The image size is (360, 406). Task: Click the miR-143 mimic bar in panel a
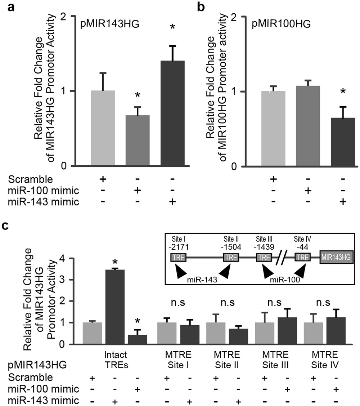(172, 113)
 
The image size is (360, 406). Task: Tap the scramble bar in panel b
(273, 129)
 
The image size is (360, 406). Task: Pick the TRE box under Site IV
(303, 258)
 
